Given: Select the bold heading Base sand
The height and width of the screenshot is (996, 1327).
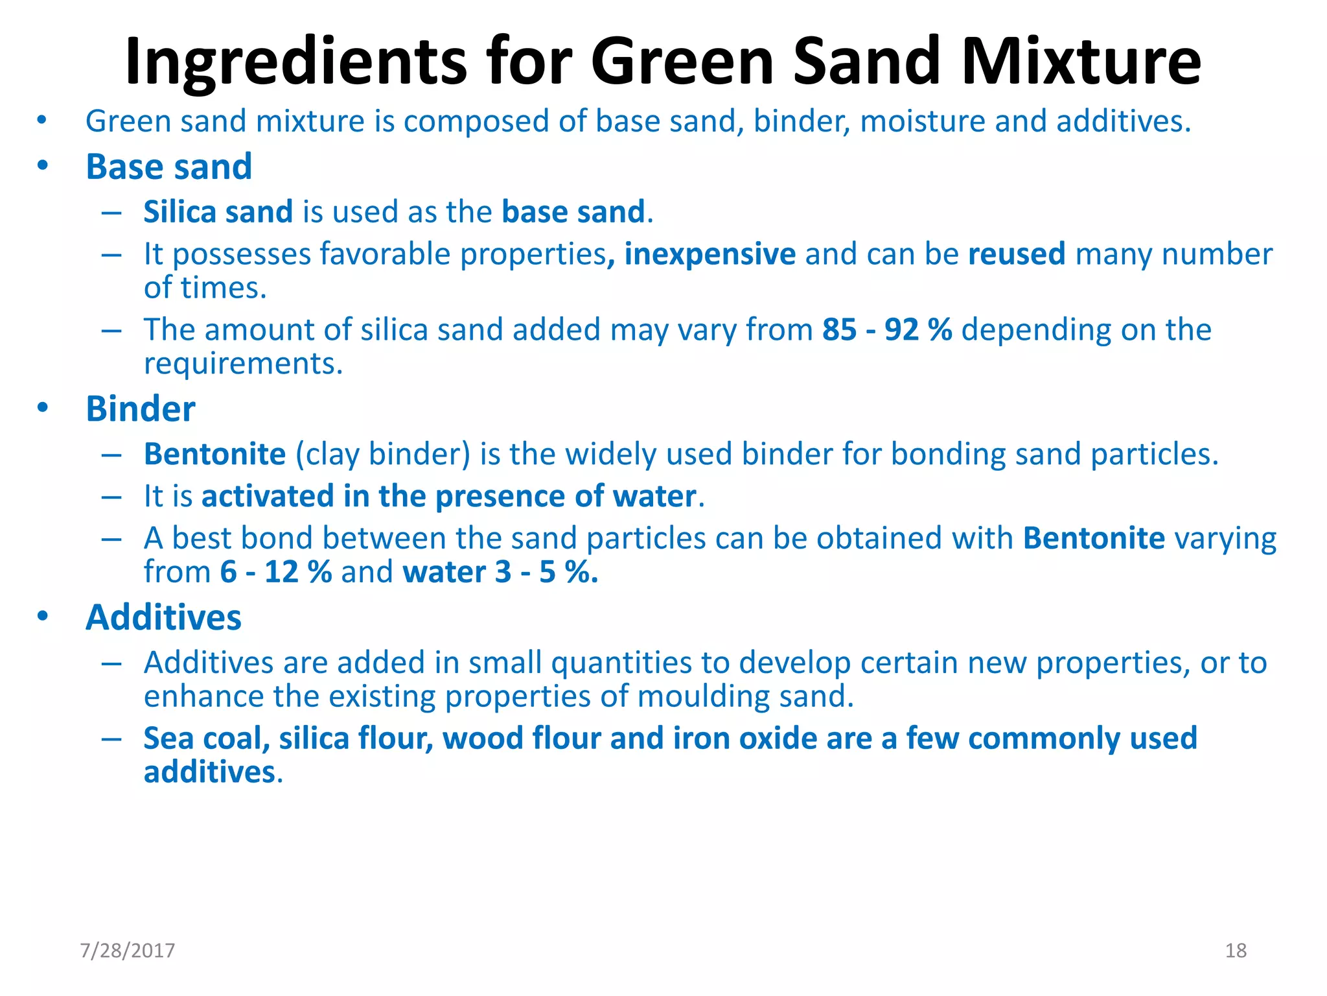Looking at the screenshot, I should coord(168,167).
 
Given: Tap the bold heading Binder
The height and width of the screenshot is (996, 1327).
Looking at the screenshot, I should coord(140,409).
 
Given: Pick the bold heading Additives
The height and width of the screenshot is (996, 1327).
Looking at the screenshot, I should coord(163,617).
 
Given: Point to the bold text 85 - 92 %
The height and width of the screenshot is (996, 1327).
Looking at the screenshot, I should coord(887,329).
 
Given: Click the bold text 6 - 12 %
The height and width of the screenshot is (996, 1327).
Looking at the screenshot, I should coord(276,572).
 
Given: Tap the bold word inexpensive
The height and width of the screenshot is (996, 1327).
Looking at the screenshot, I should coord(710,254).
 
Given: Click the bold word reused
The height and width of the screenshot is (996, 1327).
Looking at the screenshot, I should coord(1016,254).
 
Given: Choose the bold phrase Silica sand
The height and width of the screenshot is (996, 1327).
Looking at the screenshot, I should coord(218,212).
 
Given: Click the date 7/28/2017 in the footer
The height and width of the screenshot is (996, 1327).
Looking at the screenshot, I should coord(128,950).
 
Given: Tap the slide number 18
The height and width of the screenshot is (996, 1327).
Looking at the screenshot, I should coord(1236,950).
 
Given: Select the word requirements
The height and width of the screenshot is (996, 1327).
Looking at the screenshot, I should coord(243,364).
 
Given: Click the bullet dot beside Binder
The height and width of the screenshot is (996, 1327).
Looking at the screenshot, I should coord(43,407).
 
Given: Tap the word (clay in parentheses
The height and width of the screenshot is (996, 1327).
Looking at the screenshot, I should coord(328,455).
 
